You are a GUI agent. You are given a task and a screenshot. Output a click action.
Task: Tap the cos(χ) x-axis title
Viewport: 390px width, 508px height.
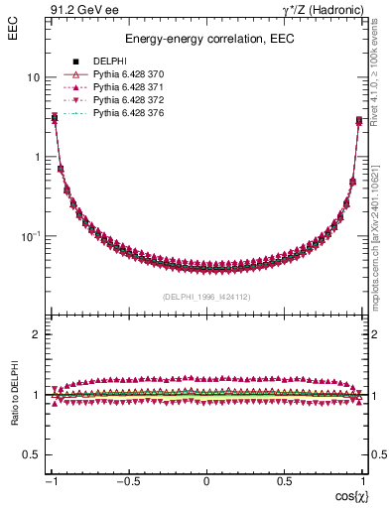click(x=345, y=494)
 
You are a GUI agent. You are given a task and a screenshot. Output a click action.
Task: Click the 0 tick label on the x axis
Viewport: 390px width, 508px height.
click(x=206, y=481)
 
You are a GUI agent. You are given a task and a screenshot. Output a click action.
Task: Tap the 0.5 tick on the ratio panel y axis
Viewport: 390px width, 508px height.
click(x=33, y=454)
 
